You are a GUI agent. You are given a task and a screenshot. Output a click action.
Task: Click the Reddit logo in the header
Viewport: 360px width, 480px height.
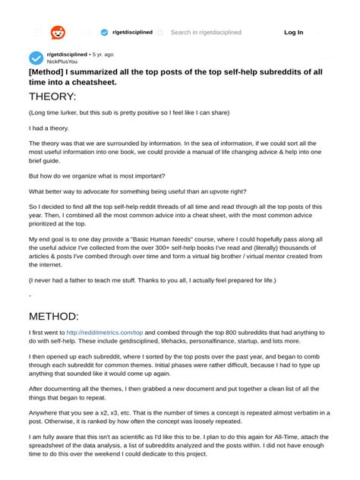[58, 33]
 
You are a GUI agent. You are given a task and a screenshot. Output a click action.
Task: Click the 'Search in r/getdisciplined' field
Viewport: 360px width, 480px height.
[206, 33]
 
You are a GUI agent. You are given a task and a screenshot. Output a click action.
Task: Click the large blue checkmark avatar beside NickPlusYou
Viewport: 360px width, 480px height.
[36, 58]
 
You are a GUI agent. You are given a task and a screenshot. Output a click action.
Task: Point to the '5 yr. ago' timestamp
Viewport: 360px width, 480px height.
[103, 54]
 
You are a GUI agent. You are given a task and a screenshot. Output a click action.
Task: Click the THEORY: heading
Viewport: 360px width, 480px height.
[52, 97]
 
